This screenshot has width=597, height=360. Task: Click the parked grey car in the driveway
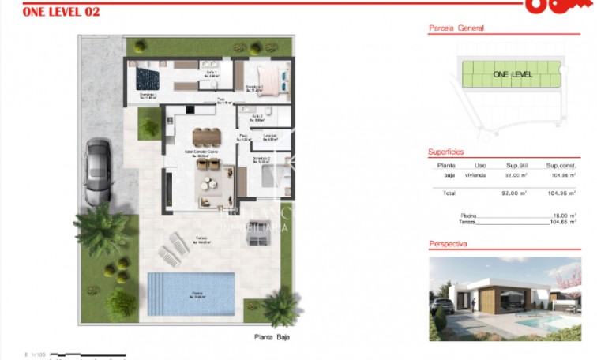pos(99,168)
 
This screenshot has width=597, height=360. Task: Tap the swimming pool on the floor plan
pos(191,293)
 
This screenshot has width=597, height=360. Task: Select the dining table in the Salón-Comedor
pos(208,135)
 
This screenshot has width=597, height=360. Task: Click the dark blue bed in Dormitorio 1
pos(146,77)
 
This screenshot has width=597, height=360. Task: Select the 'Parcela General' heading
pos(456,28)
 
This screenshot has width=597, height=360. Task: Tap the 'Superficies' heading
pos(445,152)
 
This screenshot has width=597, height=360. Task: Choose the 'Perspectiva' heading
pos(448,244)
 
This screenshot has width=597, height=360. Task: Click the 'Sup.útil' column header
pos(516,165)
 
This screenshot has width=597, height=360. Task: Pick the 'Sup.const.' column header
pos(562,165)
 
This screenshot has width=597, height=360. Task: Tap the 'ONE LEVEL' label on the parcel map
pos(513,74)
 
